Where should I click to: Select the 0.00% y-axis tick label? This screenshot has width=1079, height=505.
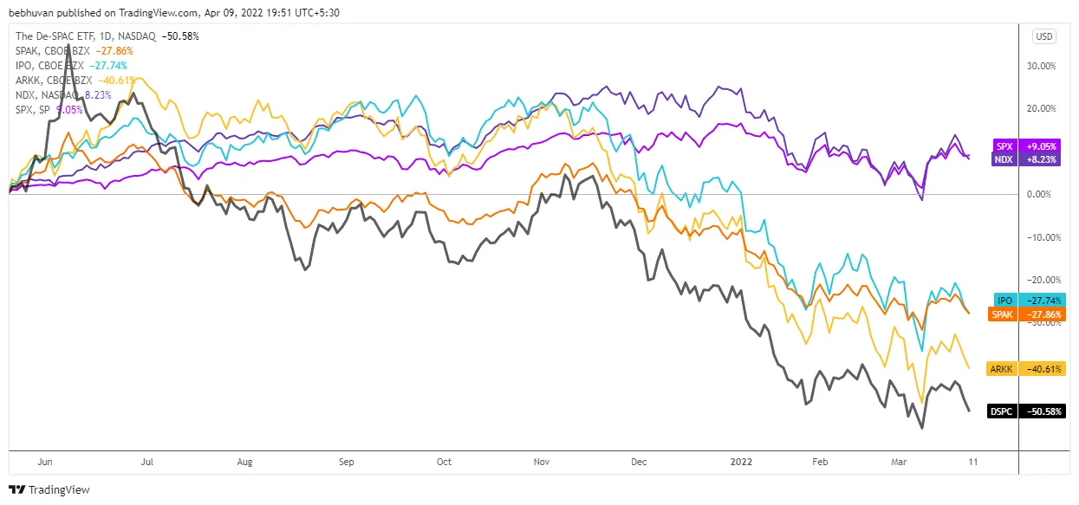tap(1041, 194)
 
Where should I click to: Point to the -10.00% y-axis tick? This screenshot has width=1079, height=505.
tap(1038, 236)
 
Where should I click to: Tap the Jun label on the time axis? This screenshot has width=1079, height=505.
tap(46, 463)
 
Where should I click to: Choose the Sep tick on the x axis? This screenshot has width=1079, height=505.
tap(347, 463)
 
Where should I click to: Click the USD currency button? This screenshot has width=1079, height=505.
tap(1043, 36)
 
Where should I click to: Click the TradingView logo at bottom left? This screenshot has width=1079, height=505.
tap(49, 489)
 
